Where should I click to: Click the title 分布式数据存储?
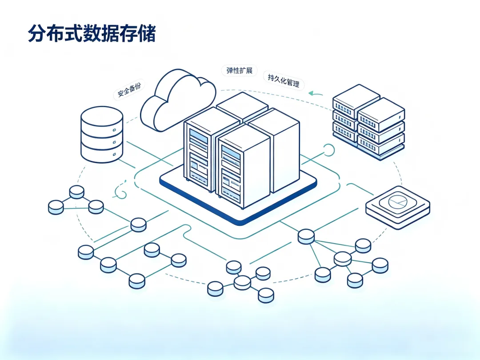pos(92,33)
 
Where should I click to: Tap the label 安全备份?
pos(129,90)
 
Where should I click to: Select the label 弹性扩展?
pos(240,70)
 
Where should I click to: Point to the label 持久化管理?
pos(284,80)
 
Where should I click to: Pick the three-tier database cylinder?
pos(102,135)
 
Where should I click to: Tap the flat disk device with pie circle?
pos(398,207)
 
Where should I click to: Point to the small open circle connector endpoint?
pos(329,150)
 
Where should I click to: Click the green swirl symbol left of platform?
pos(120,190)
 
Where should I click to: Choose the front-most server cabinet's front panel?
pos(231,172)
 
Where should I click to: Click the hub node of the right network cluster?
pos(343,259)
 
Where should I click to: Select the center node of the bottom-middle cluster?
pos(243,283)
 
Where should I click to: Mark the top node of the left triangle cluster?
pos(77,192)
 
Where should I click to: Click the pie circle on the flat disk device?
pos(398,201)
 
